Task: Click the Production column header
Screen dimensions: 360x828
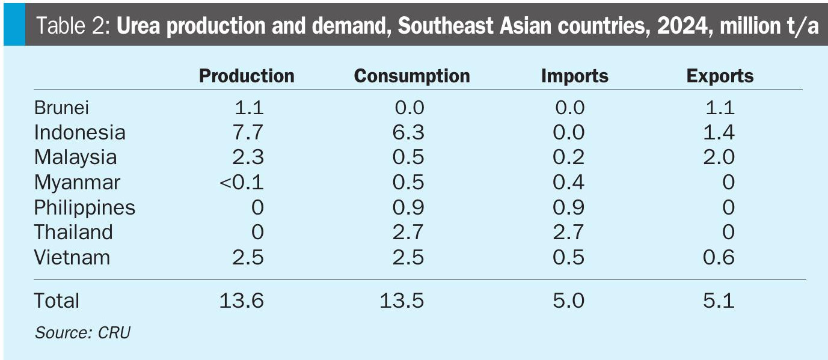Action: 247,76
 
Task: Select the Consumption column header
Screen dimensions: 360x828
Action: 412,76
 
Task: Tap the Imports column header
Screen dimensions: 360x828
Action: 574,76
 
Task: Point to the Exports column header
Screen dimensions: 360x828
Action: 720,76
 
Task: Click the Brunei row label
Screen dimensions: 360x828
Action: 61,108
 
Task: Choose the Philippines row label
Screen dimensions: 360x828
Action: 84,207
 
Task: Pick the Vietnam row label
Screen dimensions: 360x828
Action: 72,257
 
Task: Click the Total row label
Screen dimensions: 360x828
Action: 57,300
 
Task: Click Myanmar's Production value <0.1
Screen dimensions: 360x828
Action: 242,182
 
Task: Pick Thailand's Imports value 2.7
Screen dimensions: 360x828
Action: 569,232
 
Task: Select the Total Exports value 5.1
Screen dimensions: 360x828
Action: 719,300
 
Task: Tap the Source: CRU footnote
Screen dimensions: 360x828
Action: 82,332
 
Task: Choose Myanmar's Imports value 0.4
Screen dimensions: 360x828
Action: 569,182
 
